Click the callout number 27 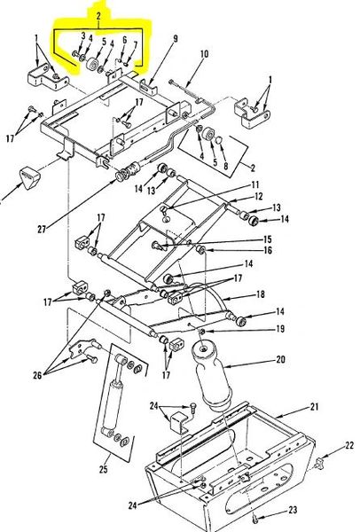click(42, 230)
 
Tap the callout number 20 click(280, 359)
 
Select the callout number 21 click(314, 406)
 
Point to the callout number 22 click(349, 445)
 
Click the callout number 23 click(293, 510)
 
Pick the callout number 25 click(104, 469)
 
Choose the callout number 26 click(37, 375)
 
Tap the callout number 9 click(175, 38)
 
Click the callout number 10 click(204, 54)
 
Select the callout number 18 click(260, 294)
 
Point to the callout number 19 click(280, 329)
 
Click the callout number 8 click(225, 166)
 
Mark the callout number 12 click(259, 196)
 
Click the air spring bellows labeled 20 click(212, 377)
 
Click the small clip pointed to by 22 click(319, 463)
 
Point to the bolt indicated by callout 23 click(256, 518)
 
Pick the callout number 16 click(268, 250)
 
